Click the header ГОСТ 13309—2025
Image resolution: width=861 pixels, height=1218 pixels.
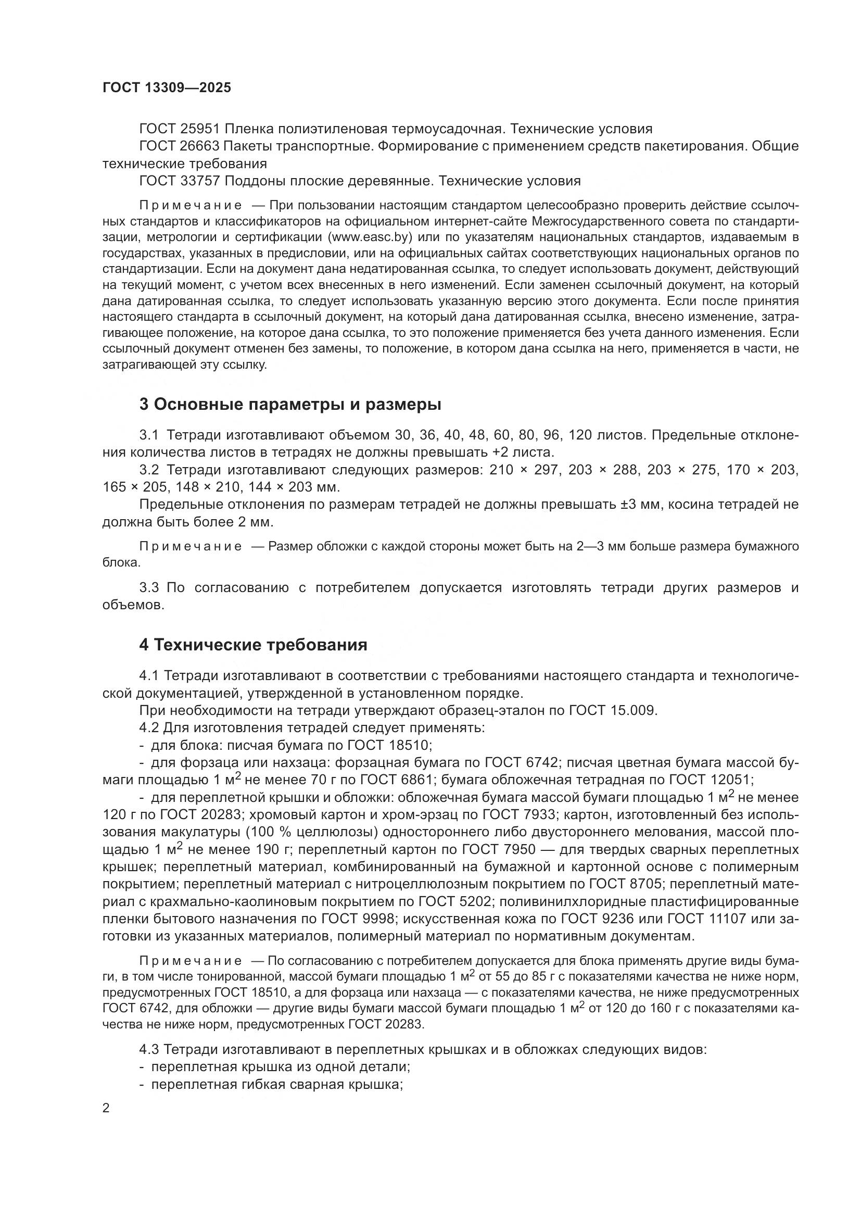(x=167, y=88)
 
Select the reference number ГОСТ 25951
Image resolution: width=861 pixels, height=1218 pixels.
(x=179, y=129)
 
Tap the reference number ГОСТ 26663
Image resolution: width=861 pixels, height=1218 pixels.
(x=179, y=146)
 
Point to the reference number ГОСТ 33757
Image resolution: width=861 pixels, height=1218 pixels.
(x=179, y=181)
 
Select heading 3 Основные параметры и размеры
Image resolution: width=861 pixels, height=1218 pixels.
(x=290, y=405)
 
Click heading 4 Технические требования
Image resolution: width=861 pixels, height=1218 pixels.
(x=253, y=645)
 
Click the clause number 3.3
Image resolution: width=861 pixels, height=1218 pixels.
(x=149, y=588)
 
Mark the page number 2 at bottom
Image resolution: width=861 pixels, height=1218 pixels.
(x=106, y=1109)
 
